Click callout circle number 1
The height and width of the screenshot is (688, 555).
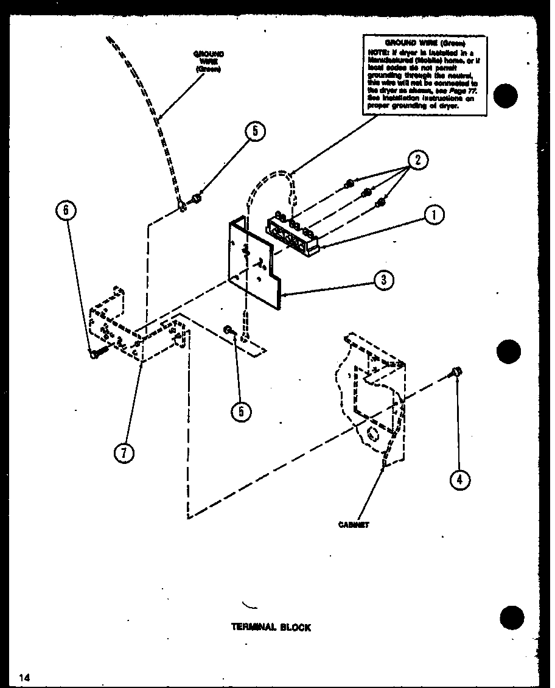435,216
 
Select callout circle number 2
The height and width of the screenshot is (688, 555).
417,160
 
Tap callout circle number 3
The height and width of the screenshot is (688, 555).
384,280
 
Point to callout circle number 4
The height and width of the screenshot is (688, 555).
459,480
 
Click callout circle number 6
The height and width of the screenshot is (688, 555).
66,211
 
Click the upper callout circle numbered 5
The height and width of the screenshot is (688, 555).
256,132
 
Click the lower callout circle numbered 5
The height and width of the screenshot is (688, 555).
241,412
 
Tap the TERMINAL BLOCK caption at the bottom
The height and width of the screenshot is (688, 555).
271,627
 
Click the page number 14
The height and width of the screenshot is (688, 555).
24,677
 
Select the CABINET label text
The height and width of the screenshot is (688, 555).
354,524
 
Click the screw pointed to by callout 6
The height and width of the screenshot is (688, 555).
96,353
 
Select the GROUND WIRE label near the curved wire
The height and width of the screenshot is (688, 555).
208,61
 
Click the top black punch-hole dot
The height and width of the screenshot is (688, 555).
506,96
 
